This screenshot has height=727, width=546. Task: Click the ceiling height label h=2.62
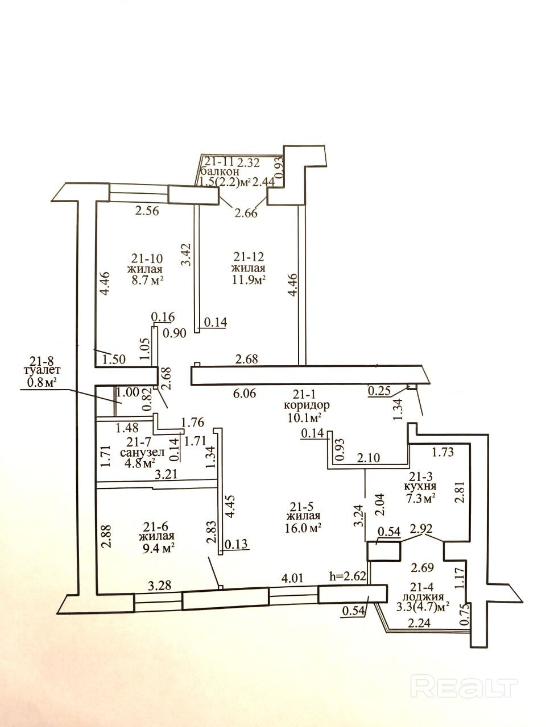[349, 576]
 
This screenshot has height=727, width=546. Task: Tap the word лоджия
[423, 597]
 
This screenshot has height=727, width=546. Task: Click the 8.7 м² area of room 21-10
[145, 280]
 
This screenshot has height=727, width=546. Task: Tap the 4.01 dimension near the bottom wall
[295, 578]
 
